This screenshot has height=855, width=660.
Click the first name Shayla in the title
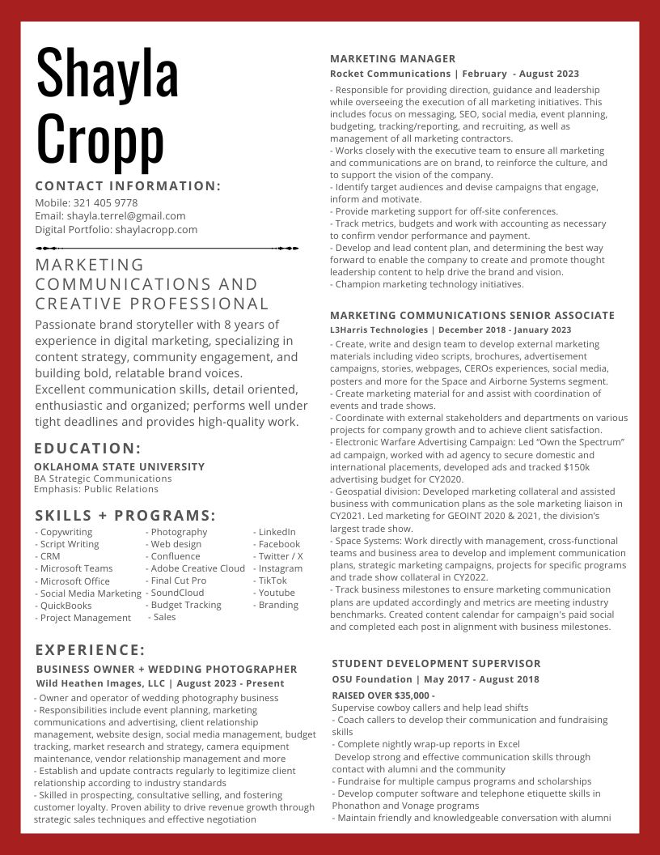coord(107,74)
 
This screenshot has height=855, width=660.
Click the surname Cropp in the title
coord(100,138)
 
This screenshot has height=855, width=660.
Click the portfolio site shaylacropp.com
coord(156,229)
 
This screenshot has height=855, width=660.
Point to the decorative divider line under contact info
coord(167,248)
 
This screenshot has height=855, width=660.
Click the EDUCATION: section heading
coord(88,449)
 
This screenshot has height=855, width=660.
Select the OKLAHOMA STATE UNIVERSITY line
coord(120,466)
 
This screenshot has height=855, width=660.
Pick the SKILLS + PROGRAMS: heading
coord(125,516)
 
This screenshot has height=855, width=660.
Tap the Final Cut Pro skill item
coord(179,581)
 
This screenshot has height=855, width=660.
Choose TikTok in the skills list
coord(273,581)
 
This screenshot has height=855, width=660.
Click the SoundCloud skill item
coord(177,593)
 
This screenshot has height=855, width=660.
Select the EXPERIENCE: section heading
coord(90,650)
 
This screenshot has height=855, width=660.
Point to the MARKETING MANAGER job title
coord(393,58)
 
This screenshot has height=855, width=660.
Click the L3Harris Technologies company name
coord(379,330)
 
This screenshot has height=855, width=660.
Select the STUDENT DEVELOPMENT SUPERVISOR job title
coord(436,663)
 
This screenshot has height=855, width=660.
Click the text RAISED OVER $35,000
coord(382,695)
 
